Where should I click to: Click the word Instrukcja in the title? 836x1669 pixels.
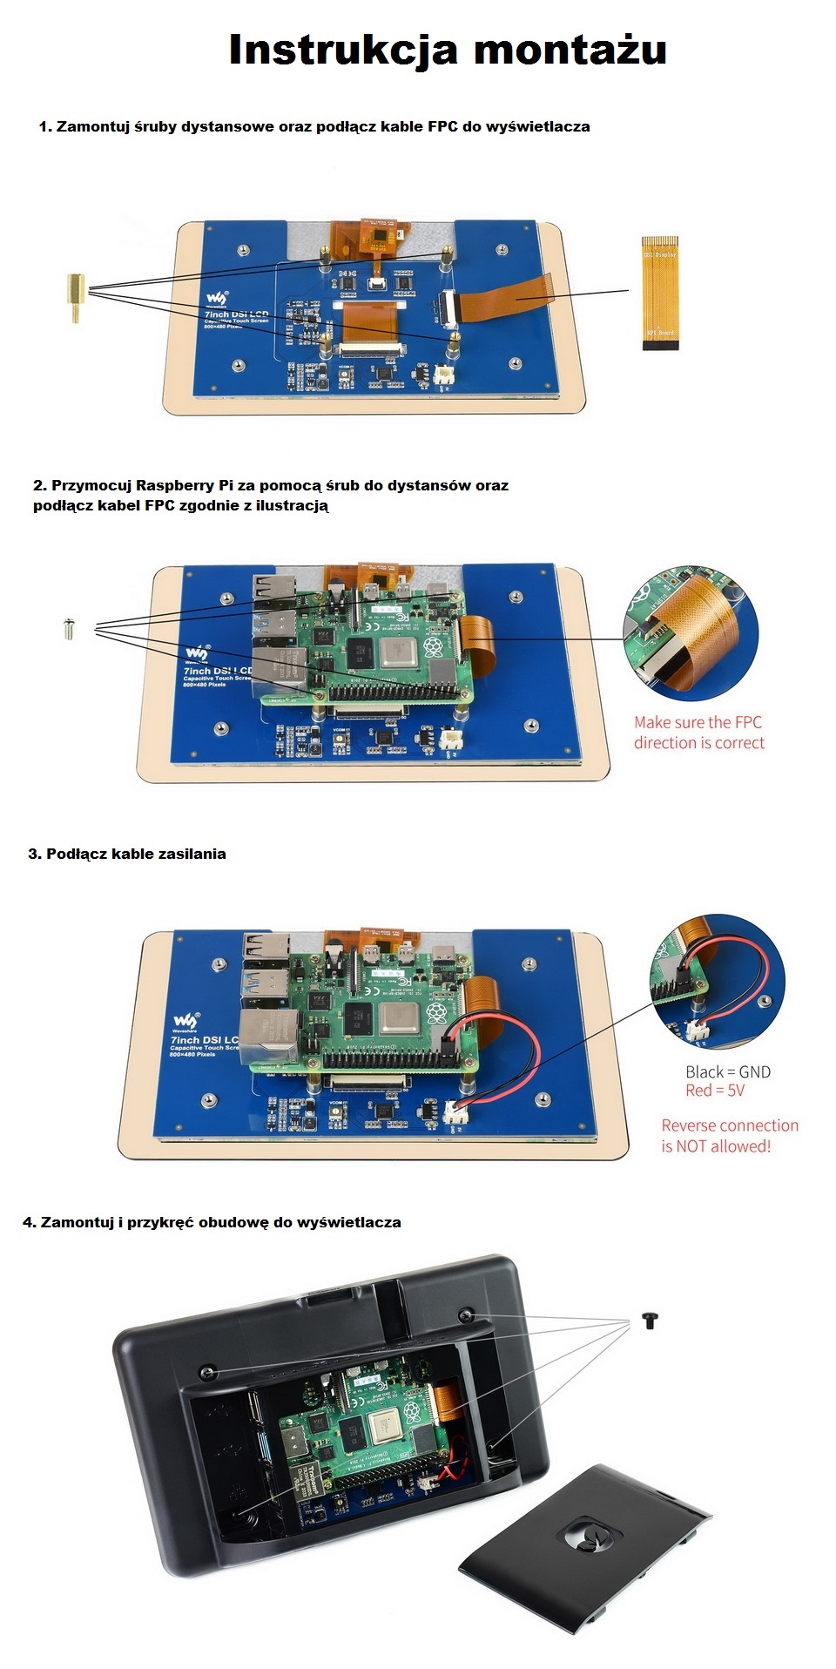point(342,51)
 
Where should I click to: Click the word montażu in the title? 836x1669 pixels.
point(570,51)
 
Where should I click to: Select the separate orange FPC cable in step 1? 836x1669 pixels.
point(659,293)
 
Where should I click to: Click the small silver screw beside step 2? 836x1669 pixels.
point(70,628)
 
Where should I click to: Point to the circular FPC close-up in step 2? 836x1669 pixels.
point(691,633)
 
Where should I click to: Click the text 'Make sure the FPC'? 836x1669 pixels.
point(698,722)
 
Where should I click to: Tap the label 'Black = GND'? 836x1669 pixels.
point(727,1071)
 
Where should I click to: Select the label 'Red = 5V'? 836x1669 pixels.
point(715,1091)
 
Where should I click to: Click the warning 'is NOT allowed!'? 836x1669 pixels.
point(716,1146)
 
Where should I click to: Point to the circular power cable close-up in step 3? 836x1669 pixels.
point(718,980)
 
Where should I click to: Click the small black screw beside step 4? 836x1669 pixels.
point(650,1320)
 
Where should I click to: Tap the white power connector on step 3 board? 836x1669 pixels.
point(455,1112)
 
